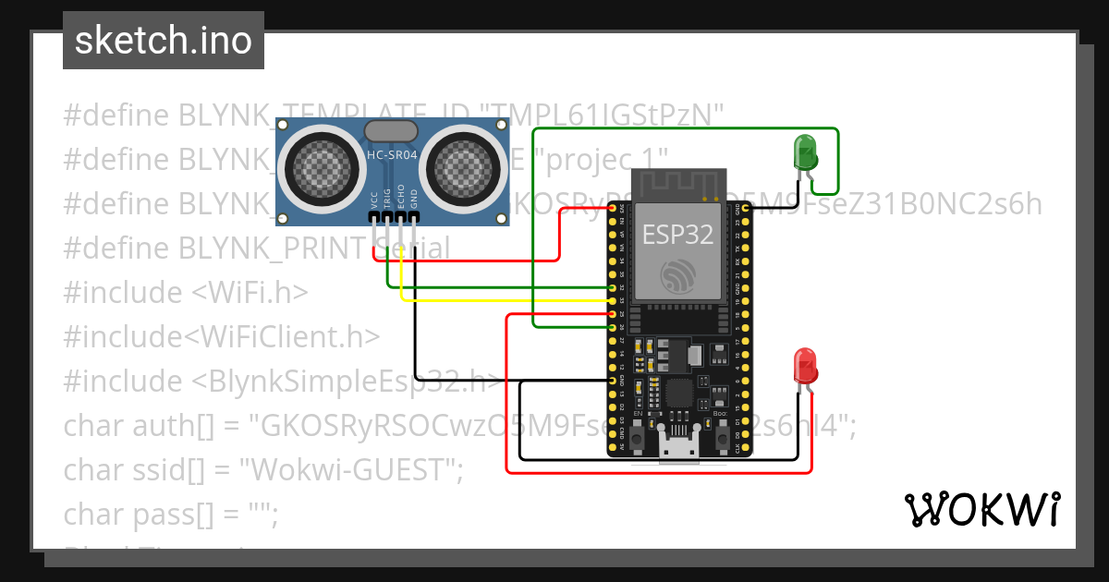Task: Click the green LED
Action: pyautogui.click(x=804, y=151)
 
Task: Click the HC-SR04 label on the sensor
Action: pyautogui.click(x=393, y=156)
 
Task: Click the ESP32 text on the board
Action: pyautogui.click(x=678, y=235)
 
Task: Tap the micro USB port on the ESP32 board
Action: pyautogui.click(x=678, y=451)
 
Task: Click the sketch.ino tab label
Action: pyautogui.click(x=163, y=41)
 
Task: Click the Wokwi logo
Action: pyautogui.click(x=981, y=509)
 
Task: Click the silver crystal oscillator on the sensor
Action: pyautogui.click(x=392, y=131)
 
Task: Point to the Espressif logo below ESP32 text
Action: pyautogui.click(x=679, y=276)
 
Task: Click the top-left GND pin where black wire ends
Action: pyautogui.click(x=613, y=381)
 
